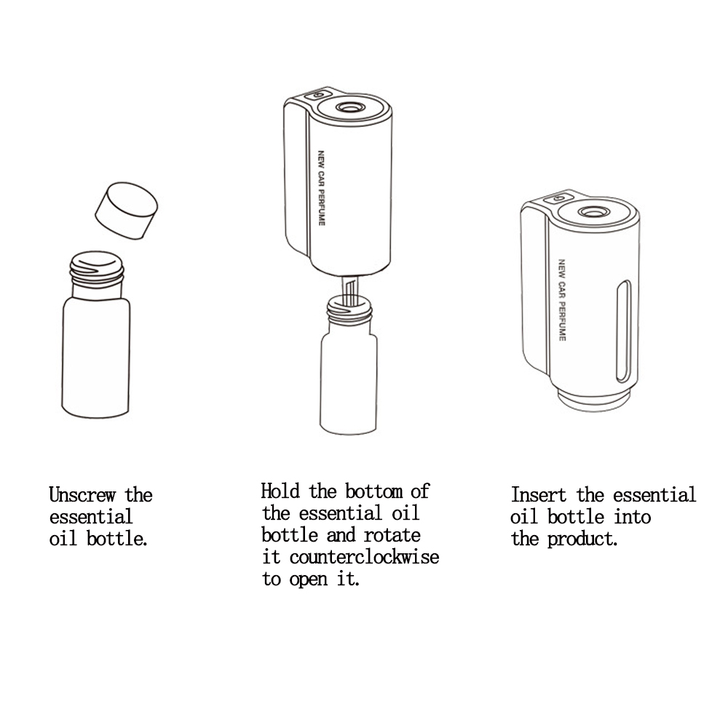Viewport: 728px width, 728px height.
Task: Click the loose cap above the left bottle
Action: [126, 211]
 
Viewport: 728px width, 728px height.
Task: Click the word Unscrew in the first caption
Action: [82, 495]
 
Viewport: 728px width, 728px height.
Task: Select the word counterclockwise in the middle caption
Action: [365, 557]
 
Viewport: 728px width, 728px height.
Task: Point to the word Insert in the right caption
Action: [539, 495]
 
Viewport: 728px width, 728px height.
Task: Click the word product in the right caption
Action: [582, 539]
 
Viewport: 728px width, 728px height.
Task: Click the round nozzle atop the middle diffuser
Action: [351, 108]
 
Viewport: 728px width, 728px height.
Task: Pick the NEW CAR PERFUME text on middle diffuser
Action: [321, 188]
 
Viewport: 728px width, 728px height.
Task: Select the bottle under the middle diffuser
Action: [349, 365]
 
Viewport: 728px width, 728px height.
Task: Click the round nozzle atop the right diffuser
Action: [594, 212]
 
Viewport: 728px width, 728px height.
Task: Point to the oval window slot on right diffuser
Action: [624, 331]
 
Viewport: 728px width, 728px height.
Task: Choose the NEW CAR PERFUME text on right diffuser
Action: [562, 300]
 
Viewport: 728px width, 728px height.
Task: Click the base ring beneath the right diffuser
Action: [593, 402]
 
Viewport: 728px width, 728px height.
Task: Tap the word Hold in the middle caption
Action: [280, 491]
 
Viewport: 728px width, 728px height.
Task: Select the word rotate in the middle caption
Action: [392, 535]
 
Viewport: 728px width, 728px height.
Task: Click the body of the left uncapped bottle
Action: [95, 357]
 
